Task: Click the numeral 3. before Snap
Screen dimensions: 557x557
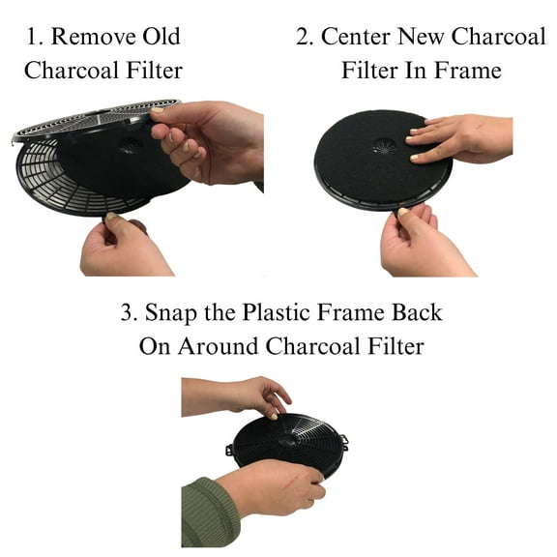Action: (129, 315)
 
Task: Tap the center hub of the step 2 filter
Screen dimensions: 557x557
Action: (384, 146)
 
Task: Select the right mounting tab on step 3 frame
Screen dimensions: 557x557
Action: (343, 441)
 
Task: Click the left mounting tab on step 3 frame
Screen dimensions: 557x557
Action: (232, 450)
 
